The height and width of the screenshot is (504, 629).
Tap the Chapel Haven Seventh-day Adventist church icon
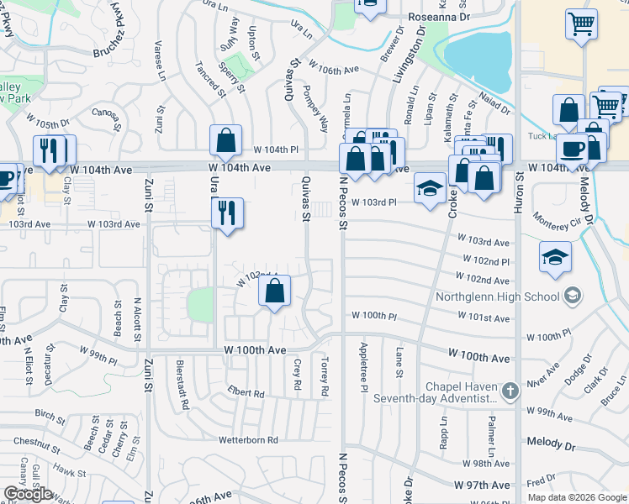tap(510, 391)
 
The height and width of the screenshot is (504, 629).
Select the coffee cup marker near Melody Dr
tap(573, 149)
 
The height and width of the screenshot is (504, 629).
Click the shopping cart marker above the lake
tap(581, 24)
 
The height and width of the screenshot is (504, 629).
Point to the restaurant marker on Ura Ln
tap(227, 213)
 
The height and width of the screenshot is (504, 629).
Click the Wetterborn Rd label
tap(248, 440)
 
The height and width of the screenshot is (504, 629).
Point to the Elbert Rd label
tap(246, 393)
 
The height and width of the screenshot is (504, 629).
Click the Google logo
tap(28, 493)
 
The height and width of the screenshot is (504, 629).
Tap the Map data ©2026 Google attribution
tap(577, 496)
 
